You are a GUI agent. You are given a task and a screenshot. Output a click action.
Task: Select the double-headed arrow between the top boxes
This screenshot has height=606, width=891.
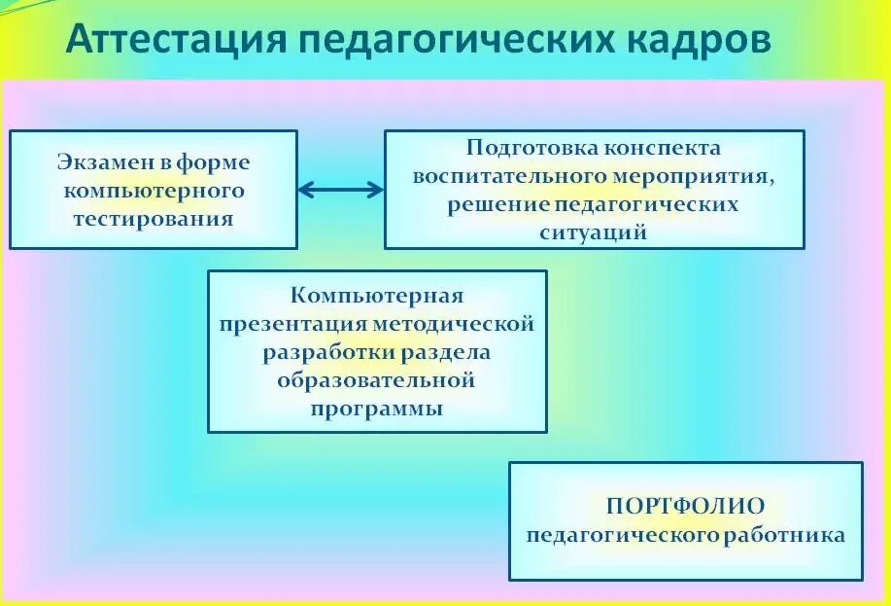[x=341, y=190]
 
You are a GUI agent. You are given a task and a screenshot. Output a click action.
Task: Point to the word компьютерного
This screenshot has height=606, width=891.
[x=154, y=190]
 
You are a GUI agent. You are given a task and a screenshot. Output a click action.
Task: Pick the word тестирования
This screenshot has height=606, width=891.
[x=154, y=218]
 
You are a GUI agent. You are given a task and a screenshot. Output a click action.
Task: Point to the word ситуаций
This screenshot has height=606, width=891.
[x=594, y=232]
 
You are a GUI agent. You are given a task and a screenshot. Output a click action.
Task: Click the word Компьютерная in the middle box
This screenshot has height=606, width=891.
[x=378, y=294]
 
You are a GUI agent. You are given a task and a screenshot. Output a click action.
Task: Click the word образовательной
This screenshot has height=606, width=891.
[x=377, y=379]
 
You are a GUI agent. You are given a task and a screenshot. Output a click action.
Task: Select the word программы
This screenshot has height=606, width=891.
[x=377, y=409]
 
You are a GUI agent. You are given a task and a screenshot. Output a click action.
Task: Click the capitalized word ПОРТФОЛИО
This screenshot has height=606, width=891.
[x=686, y=506]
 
